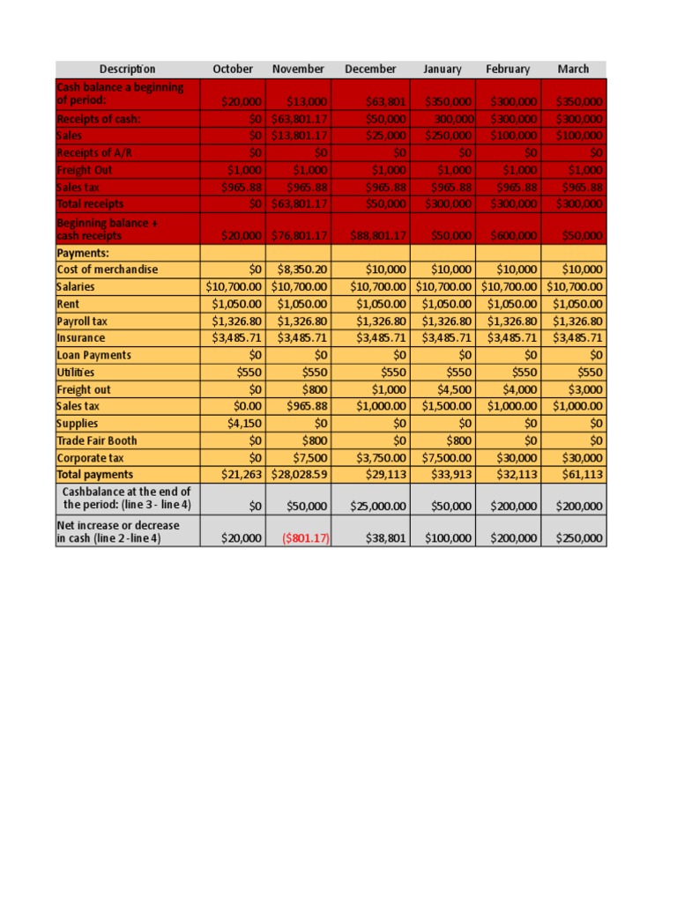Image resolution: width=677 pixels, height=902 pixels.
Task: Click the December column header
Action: tap(370, 69)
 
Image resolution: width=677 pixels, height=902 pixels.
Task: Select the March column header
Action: tap(573, 69)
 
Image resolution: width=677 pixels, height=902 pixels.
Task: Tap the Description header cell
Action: tap(127, 69)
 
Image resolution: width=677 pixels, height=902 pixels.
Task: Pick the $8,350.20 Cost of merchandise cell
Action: tap(302, 270)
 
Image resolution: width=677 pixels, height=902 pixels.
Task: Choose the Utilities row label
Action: tap(79, 373)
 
